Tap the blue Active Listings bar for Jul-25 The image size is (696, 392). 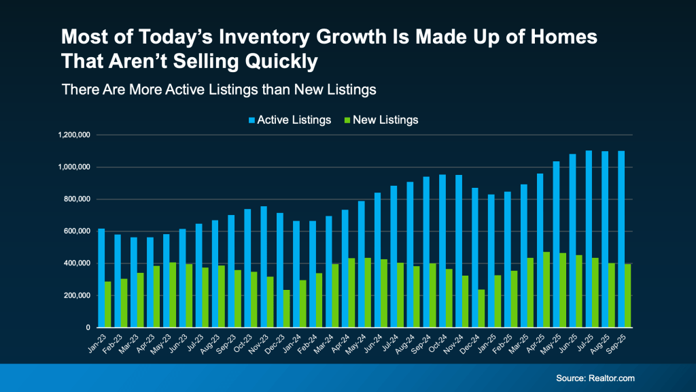click(589, 239)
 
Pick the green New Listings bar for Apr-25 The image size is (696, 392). click(546, 289)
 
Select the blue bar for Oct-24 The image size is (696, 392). click(442, 251)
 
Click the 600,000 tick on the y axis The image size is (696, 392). click(76, 231)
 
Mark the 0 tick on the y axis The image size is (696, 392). click(88, 327)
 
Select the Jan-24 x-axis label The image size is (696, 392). click(298, 342)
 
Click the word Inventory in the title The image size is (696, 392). click(257, 37)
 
